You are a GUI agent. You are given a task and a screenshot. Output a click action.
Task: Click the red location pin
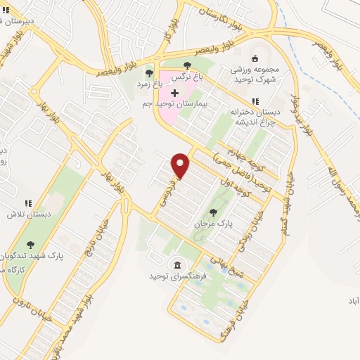181,165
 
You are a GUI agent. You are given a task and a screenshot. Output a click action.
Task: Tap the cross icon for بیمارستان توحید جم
174,93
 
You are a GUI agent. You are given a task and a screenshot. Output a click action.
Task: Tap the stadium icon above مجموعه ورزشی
255,58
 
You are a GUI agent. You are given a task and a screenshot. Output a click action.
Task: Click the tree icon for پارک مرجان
214,212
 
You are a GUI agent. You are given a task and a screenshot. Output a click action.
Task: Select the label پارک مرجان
214,225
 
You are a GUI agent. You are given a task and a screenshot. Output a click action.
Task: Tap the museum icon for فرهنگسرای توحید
176,265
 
